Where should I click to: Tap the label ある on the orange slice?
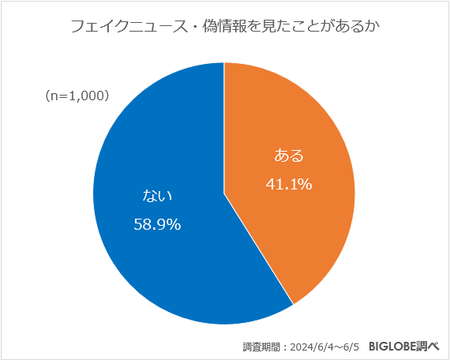coord(288,154)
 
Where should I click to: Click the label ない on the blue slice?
coord(157,195)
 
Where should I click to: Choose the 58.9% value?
coord(157,224)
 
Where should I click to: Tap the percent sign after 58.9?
coord(174,224)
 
